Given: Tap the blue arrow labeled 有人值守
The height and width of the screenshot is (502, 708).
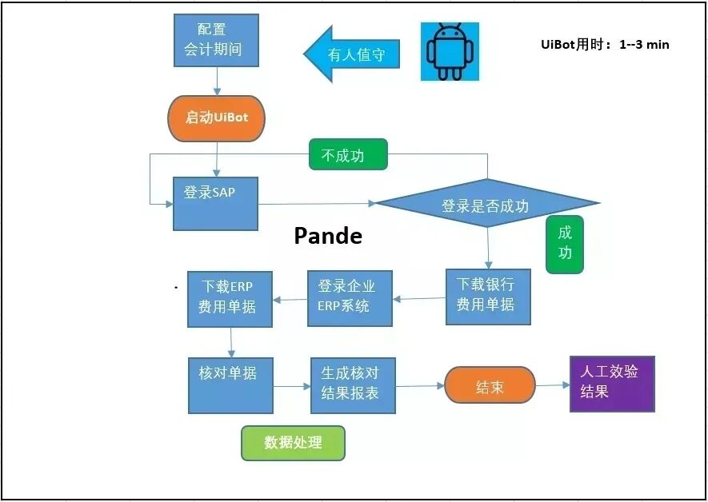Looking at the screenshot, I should (x=352, y=54).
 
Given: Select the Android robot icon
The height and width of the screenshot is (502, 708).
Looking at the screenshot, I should (x=450, y=51).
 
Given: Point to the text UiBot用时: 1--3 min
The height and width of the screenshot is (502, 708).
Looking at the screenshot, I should (x=605, y=45).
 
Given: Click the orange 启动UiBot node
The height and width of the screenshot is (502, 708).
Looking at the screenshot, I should (x=216, y=118).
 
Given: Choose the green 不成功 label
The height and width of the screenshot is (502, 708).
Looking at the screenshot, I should (x=348, y=155).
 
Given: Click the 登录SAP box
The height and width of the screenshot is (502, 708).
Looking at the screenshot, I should (x=215, y=203).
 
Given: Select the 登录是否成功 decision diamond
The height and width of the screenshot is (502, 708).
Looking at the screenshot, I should (x=487, y=205).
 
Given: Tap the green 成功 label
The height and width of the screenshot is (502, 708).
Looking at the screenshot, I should (x=565, y=243).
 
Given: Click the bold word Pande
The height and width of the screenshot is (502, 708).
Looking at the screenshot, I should (x=328, y=237).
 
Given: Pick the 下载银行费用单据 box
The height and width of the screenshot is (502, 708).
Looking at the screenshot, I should (x=488, y=296).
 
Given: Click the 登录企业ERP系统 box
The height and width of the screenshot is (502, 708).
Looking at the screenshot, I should (x=350, y=297).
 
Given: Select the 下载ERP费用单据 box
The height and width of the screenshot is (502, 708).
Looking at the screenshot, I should (x=230, y=298).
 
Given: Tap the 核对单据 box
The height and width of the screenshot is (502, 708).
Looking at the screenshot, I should (x=230, y=384).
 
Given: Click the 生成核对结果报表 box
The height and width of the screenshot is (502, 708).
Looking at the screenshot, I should (x=353, y=384).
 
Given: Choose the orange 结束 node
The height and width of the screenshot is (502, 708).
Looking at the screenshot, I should (x=490, y=387).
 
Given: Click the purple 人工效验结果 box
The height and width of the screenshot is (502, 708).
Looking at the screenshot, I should (x=612, y=384).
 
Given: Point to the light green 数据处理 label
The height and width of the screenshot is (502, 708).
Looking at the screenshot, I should (x=293, y=443).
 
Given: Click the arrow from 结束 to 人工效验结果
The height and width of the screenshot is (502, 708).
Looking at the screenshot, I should (x=552, y=385).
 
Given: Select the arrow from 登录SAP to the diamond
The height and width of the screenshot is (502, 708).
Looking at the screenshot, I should (x=317, y=204).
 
